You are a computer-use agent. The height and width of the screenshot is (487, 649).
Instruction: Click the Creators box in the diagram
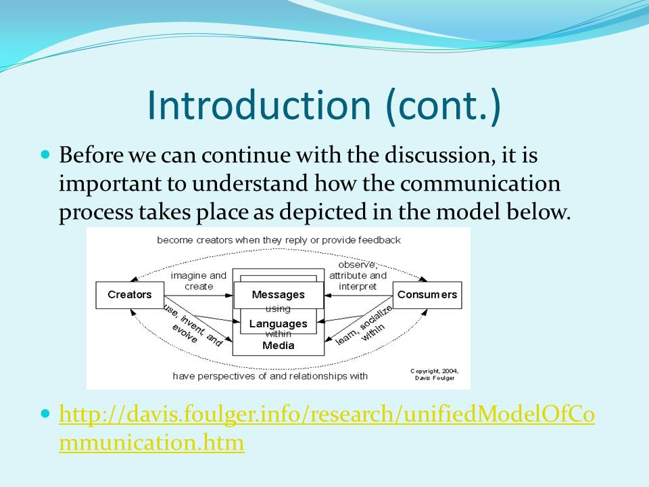click(130, 295)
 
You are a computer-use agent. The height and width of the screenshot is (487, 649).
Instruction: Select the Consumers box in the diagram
click(427, 295)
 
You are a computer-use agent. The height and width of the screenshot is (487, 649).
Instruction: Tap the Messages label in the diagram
click(278, 294)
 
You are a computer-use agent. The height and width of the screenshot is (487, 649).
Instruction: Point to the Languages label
click(278, 323)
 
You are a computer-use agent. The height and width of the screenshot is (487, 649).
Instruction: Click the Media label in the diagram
click(278, 346)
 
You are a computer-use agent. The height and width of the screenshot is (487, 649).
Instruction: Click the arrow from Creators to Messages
click(199, 296)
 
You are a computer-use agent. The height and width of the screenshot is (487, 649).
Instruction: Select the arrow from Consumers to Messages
click(358, 296)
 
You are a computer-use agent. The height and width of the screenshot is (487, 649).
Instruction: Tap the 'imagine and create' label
click(199, 281)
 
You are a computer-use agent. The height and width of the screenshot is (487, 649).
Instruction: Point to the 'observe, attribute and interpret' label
click(358, 275)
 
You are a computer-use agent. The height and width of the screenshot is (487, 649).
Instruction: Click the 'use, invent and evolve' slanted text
click(192, 327)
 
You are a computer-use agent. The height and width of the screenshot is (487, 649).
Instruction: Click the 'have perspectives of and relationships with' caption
click(270, 376)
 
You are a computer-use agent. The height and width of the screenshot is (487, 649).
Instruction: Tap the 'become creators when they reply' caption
click(279, 240)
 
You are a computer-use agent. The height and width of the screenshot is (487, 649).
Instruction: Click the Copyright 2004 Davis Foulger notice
click(435, 374)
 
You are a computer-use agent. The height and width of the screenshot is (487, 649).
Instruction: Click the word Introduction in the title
click(259, 106)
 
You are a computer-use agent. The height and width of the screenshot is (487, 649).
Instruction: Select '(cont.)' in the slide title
click(443, 106)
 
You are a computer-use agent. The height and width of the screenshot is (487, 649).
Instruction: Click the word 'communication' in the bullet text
click(480, 183)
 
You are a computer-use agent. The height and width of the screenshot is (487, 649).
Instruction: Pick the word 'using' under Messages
click(278, 308)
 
